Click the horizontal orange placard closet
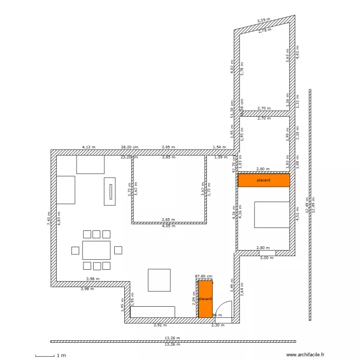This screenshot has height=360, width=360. pos(264,180)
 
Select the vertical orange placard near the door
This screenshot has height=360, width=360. pos(205,299)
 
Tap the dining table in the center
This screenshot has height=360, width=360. pos(96,250)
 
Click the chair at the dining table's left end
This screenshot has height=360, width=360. pos(75,250)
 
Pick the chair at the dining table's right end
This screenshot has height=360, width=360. pos(118,250)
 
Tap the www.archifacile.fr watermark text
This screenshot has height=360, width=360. pos(305,355)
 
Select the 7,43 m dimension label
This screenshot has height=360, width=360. pos(48,218)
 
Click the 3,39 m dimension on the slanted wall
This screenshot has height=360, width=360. pos(264,21)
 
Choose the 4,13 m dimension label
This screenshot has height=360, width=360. pos(89,147)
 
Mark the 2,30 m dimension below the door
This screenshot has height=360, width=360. pos(218,325)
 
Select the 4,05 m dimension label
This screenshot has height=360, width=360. pos(168,226)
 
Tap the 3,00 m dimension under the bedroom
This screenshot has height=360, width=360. pos(266,258)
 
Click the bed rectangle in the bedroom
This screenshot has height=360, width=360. pos(272,214)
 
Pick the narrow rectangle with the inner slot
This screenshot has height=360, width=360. pos(110,191)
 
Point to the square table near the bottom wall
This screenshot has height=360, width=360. pos(159,280)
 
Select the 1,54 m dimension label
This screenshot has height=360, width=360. pos(219,147)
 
